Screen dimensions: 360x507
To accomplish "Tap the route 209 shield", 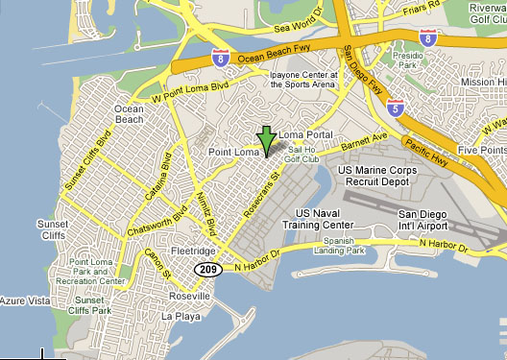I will (208, 270).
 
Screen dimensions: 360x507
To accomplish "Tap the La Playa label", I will (180, 316).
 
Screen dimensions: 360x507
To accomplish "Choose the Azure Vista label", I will (25, 301).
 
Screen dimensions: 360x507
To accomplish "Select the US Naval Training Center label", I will (325, 219).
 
